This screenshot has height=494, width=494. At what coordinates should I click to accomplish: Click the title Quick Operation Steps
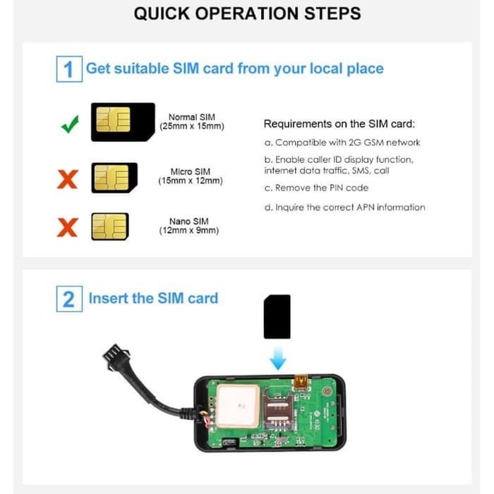pos(247,13)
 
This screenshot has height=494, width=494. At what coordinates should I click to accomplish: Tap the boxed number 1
pos(68,69)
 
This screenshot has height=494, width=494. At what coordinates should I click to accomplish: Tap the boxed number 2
pos(68,299)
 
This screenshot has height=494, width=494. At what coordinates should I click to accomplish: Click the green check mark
pos(69,126)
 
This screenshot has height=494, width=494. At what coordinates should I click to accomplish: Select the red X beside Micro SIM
pos(68,179)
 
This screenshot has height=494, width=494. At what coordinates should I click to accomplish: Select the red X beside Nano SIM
pos(68,228)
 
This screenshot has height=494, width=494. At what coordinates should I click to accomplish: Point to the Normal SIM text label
pos(192,121)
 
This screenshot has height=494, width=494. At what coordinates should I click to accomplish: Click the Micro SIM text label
pos(191,176)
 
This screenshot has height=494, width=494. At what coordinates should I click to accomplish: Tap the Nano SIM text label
pos(188,226)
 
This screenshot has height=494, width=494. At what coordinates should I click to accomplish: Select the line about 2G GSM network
pos(342,143)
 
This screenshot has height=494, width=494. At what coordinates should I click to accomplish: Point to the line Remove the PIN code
pos(316,188)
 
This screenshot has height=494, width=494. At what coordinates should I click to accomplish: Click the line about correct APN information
pos(344,207)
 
